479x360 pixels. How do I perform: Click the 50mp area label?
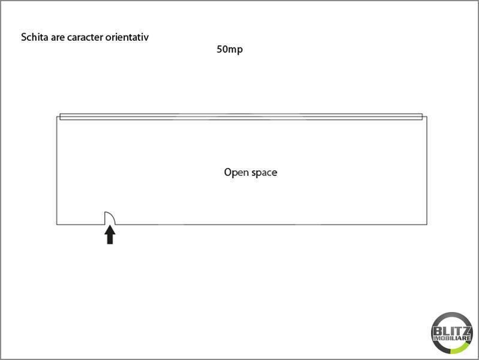pyautogui.click(x=230, y=50)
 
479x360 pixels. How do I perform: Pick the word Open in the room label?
pyautogui.click(x=234, y=173)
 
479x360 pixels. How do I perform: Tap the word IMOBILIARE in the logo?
pyautogui.click(x=451, y=340)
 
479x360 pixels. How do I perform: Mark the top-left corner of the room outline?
pyautogui.click(x=57, y=116)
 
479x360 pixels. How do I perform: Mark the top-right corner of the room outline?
pyautogui.click(x=427, y=116)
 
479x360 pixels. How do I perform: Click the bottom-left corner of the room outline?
pyautogui.click(x=57, y=224)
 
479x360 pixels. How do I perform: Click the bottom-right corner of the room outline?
pyautogui.click(x=427, y=224)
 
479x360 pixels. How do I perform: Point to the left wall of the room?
pyautogui.click(x=57, y=171)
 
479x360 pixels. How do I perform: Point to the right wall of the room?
pyautogui.click(x=427, y=171)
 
